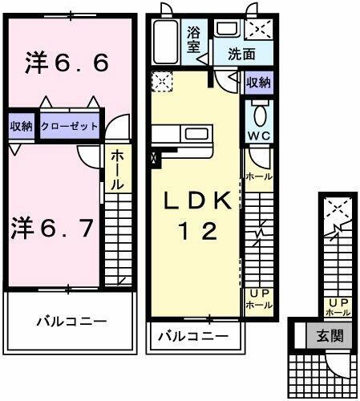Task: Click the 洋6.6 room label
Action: pyautogui.click(x=67, y=64)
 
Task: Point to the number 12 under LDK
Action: pyautogui.click(x=196, y=232)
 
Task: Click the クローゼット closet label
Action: pyautogui.click(x=69, y=127)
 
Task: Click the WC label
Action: pyautogui.click(x=259, y=136)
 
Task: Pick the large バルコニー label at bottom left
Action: pyautogui.click(x=70, y=322)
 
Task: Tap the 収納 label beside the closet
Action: pyautogui.click(x=21, y=127)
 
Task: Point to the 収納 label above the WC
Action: pyautogui.click(x=257, y=82)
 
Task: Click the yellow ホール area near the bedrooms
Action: pyautogui.click(x=116, y=169)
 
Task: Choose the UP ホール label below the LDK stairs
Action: pyautogui.click(x=258, y=299)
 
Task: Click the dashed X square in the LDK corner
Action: pyautogui.click(x=161, y=81)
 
